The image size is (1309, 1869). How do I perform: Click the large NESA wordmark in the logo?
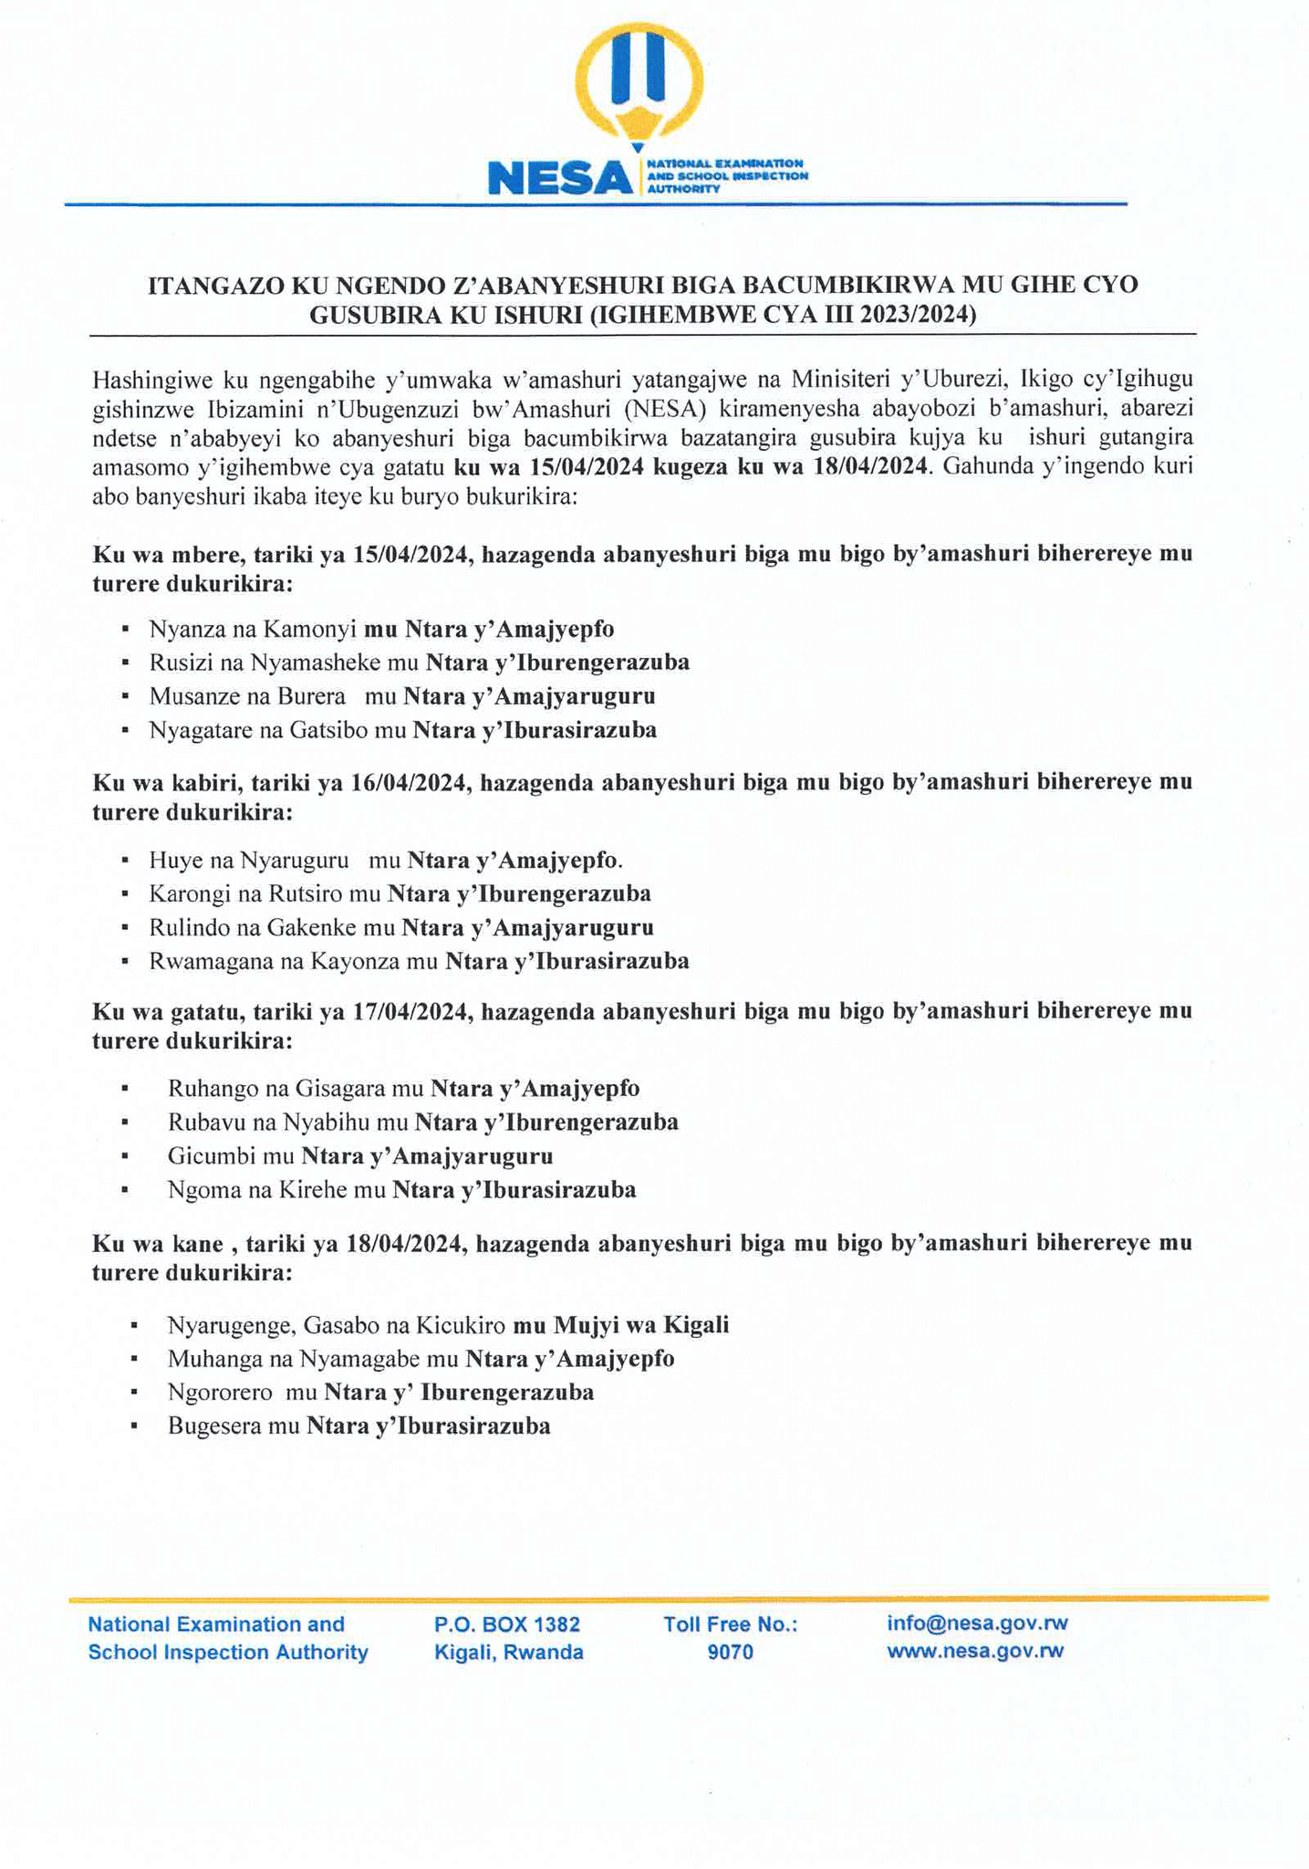[560, 177]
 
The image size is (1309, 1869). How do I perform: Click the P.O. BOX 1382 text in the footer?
[507, 1624]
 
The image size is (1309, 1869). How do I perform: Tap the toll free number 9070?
[730, 1653]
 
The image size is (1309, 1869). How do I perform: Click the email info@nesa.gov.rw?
[977, 1624]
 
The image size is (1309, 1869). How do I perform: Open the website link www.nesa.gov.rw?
[975, 1651]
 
